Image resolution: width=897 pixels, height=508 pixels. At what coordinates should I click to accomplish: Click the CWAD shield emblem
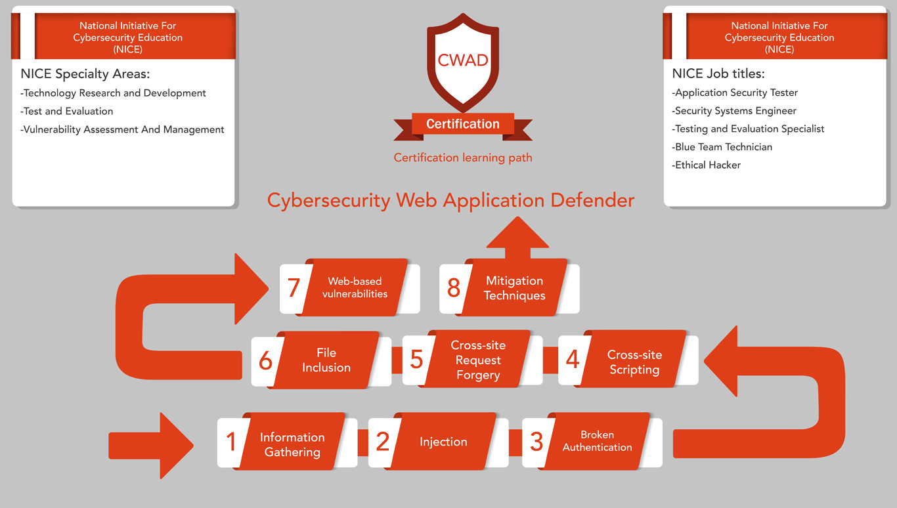click(x=463, y=62)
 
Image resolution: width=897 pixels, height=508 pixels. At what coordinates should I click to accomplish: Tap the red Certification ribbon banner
click(x=463, y=124)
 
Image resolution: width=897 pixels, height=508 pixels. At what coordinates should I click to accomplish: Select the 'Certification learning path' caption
click(x=463, y=158)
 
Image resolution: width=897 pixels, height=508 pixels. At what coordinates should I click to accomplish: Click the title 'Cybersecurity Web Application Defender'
click(x=450, y=200)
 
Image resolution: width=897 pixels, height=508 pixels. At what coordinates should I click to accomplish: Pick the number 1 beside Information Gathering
click(x=231, y=442)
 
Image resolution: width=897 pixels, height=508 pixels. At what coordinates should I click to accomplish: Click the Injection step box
click(x=443, y=442)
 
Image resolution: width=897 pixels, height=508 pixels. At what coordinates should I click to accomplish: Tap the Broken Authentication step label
click(x=597, y=441)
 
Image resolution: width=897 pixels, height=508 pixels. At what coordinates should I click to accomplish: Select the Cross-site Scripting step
click(x=634, y=362)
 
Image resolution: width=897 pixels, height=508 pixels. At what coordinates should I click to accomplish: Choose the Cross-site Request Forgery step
click(x=477, y=360)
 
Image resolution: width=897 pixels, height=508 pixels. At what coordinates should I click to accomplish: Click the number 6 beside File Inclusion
click(x=265, y=361)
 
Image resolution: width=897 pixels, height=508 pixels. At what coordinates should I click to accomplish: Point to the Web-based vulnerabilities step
click(x=355, y=287)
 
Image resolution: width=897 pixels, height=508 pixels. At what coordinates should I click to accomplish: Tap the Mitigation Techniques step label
click(x=514, y=288)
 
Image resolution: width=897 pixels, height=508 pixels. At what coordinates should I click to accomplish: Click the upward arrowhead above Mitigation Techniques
click(x=517, y=234)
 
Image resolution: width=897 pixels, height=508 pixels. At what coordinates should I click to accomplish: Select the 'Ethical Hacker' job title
click(x=707, y=165)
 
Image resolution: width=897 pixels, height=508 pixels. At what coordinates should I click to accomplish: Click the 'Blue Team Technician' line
click(x=722, y=147)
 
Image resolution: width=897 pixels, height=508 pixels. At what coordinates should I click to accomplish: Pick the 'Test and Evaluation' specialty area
click(x=67, y=112)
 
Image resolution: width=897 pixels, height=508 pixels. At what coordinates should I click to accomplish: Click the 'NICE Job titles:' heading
click(x=718, y=74)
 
